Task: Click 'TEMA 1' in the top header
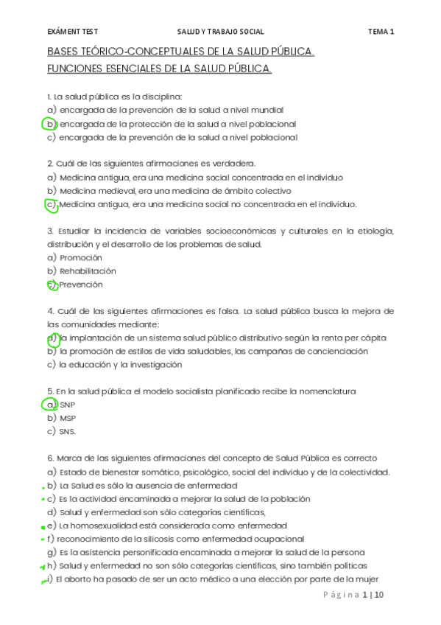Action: click(381, 32)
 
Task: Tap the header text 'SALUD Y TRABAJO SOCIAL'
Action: click(220, 32)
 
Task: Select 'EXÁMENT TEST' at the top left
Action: click(72, 32)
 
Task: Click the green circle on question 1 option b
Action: click(50, 124)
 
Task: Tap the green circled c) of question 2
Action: click(51, 205)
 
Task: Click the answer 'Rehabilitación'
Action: click(88, 271)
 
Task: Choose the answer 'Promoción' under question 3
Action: click(80, 258)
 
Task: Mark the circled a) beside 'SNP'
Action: click(51, 405)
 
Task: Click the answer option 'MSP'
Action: click(68, 418)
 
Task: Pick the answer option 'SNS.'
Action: click(68, 431)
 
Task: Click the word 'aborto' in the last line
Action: click(80, 579)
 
